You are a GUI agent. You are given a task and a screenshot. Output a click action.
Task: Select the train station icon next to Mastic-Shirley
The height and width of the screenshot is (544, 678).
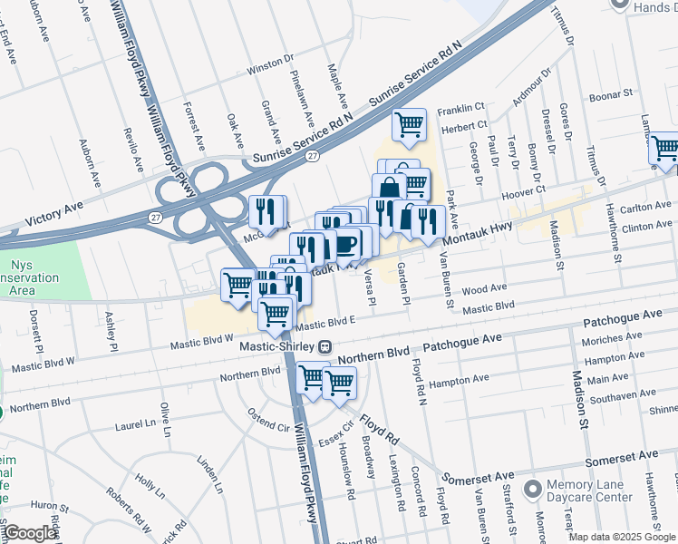pyautogui.click(x=324, y=346)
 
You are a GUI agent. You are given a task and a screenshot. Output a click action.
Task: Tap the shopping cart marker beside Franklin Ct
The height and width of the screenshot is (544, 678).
pyautogui.click(x=410, y=124)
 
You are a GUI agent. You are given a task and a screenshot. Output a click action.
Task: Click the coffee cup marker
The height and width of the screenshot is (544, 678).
pyautogui.click(x=346, y=244)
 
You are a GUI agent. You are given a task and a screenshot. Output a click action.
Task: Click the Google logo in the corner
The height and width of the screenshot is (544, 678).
pyautogui.click(x=31, y=532)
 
